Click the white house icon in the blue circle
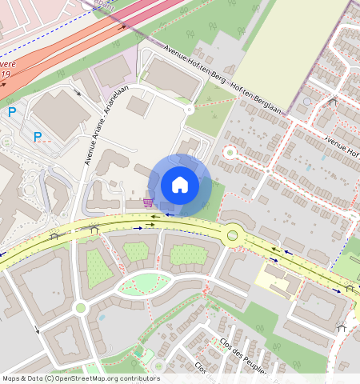click(x=180, y=185)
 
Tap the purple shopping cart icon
click(x=148, y=202)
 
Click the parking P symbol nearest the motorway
click(x=12, y=112)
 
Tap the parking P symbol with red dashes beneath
click(x=38, y=137)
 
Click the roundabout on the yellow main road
click(x=233, y=235)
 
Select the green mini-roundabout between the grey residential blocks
click(x=80, y=307)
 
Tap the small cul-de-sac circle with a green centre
click(x=230, y=151)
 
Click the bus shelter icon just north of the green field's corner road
click(x=333, y=102)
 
